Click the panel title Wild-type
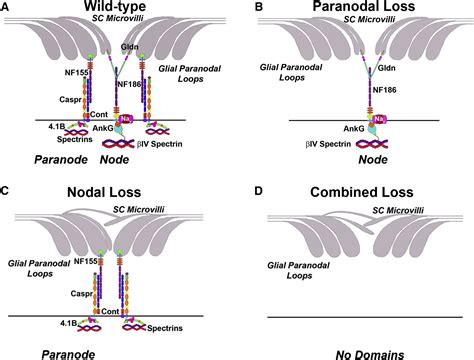115,6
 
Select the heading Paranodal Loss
364,6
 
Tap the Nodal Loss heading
104,192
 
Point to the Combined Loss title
362,192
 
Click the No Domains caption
370,355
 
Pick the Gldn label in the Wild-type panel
130,47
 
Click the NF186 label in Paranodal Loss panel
384,90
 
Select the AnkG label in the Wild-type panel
103,128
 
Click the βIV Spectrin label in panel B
328,144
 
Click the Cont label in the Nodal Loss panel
110,311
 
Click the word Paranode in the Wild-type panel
61,160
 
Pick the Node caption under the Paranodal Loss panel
373,160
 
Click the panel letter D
259,191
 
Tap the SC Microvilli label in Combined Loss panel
398,210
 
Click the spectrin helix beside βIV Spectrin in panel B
372,144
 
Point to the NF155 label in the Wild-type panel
77,72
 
